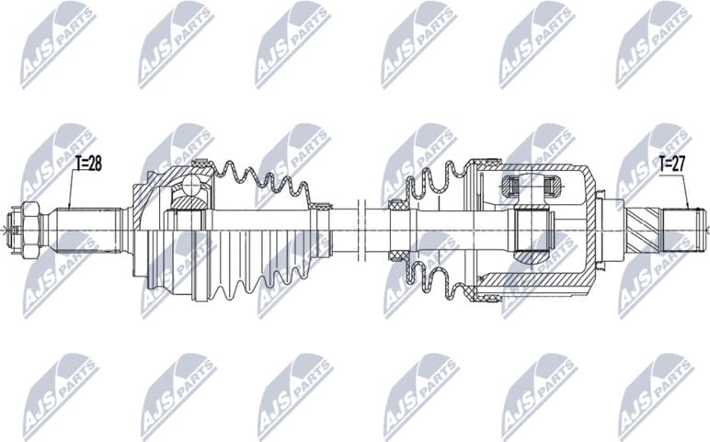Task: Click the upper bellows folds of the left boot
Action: pos(262,179)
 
